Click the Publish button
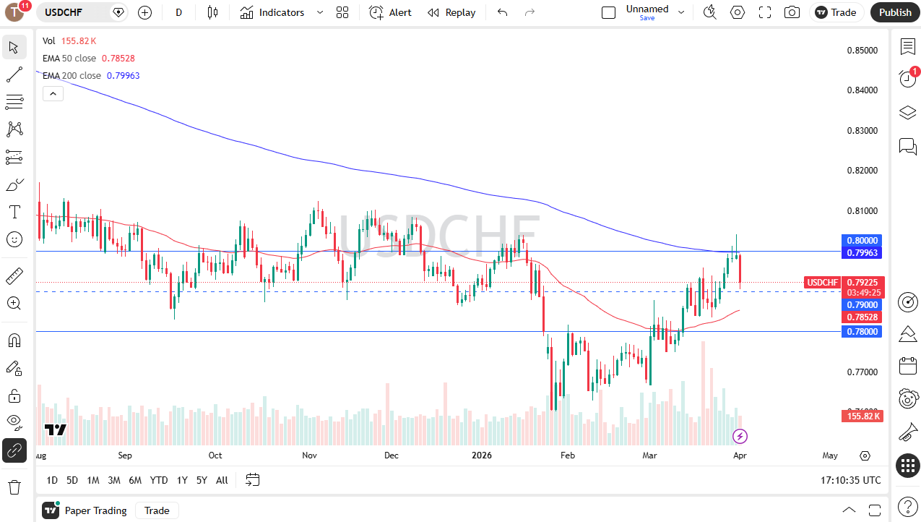895,12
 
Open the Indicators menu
272,12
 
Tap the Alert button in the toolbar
390,12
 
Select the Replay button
451,12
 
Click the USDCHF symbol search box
75,12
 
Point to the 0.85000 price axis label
862,51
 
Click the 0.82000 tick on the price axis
862,171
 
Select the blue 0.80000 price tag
861,240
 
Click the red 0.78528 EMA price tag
861,317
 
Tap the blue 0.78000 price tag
861,331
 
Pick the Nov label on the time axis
309,455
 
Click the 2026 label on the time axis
481,455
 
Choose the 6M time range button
135,480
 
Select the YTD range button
159,480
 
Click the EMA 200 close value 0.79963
123,76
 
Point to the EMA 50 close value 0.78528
118,59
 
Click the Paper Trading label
95,510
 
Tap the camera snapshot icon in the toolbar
792,12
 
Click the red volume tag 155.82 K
861,416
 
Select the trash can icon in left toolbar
14,486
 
